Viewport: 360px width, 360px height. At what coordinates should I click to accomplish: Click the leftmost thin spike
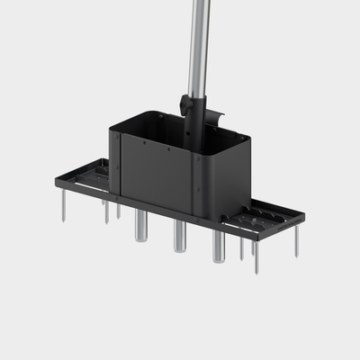[64, 206]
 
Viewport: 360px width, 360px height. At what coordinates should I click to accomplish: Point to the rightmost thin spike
[296, 241]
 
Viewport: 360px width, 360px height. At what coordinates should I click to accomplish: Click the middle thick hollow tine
[180, 236]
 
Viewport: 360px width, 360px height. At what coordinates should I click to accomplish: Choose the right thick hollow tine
[219, 246]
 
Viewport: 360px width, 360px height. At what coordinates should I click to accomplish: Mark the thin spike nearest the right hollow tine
[241, 248]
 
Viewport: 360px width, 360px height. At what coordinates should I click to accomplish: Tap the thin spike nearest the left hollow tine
[118, 211]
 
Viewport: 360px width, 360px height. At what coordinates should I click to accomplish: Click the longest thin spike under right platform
[256, 256]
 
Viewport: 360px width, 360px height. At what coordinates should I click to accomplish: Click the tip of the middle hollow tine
[180, 249]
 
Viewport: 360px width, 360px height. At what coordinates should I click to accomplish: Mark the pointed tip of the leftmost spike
[64, 220]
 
